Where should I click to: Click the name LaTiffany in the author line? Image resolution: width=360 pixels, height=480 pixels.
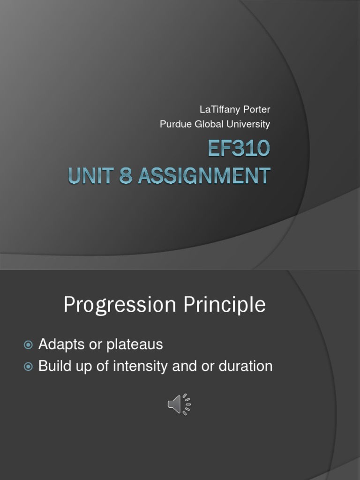217,110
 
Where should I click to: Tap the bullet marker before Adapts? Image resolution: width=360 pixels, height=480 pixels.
28,345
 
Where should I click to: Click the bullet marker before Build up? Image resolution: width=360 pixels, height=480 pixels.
28,367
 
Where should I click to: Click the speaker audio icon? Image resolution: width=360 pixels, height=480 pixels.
179,404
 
